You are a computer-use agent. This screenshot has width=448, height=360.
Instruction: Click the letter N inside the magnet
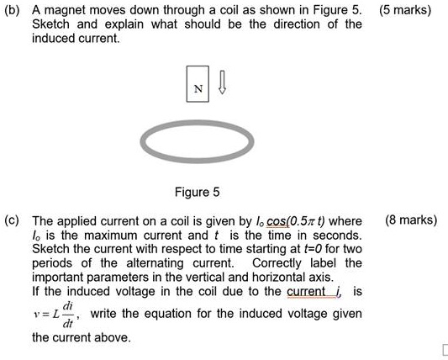[199, 88]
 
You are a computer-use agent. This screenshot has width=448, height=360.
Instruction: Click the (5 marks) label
[404, 11]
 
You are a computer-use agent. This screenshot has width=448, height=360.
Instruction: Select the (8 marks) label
[410, 220]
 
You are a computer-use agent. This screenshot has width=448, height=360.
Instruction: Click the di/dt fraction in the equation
[71, 314]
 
